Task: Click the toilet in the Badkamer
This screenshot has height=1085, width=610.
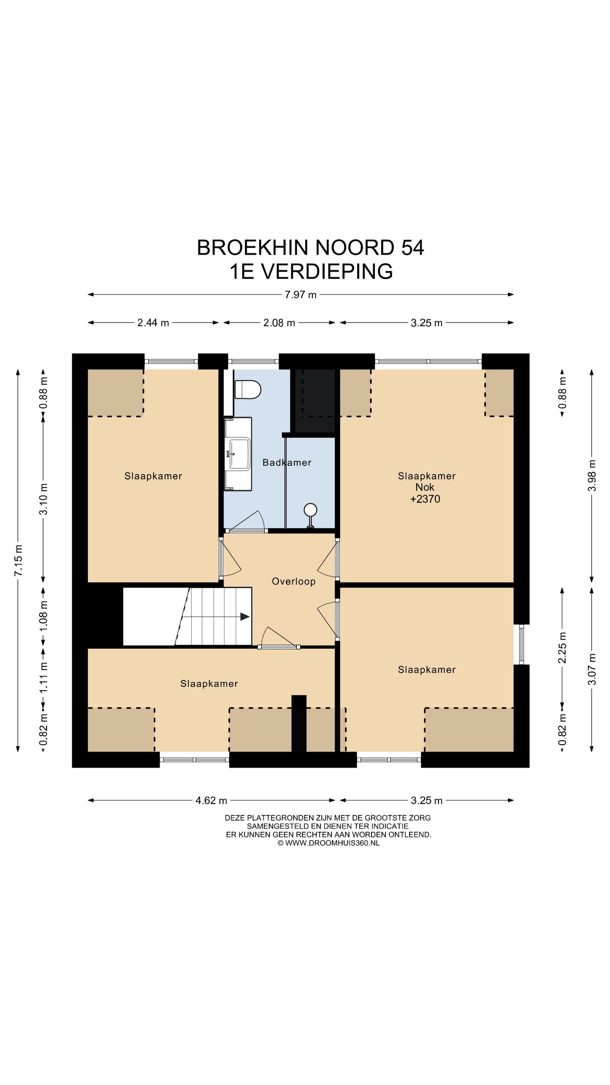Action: (248, 390)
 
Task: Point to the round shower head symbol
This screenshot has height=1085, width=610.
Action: (311, 510)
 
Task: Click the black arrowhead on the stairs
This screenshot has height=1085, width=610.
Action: (245, 617)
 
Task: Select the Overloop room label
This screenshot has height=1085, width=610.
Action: (293, 582)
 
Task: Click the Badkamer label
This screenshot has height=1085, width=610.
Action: (287, 463)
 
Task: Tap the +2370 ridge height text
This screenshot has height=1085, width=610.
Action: (425, 499)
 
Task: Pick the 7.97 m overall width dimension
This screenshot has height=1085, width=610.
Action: (300, 295)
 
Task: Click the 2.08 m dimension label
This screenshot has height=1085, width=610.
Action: (279, 323)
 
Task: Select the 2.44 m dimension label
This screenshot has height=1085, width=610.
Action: (153, 323)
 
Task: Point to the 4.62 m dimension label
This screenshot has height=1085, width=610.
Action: (211, 800)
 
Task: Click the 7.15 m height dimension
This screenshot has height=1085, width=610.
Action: (18, 560)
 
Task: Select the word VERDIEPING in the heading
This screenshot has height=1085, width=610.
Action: (327, 271)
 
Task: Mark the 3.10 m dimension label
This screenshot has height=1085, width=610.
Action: (43, 499)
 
